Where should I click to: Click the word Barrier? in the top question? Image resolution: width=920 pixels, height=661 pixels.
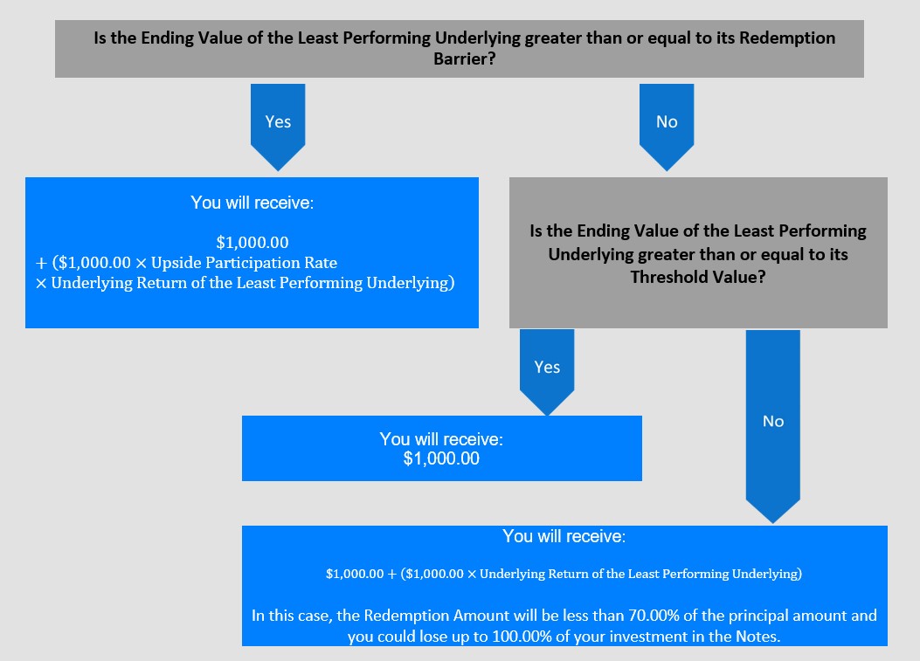tap(465, 59)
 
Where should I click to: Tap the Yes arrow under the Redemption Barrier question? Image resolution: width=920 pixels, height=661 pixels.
tap(278, 127)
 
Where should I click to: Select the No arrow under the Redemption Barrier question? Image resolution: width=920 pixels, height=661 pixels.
tap(667, 127)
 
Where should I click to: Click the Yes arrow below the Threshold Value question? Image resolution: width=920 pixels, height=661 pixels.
tap(547, 372)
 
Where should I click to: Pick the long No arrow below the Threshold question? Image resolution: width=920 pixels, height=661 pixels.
tap(772, 426)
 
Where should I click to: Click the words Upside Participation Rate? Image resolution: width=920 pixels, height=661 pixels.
tap(244, 263)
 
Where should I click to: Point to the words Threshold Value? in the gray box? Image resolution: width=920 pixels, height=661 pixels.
tap(698, 277)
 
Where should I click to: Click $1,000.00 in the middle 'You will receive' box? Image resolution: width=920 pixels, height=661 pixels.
tap(441, 458)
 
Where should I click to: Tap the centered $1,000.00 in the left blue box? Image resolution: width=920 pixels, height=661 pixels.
tap(252, 242)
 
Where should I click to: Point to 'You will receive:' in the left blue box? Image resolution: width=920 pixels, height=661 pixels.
tap(252, 203)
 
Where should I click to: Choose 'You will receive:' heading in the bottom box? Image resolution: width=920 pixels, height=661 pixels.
tap(564, 536)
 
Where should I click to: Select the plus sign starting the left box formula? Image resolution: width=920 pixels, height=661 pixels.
tap(41, 264)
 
